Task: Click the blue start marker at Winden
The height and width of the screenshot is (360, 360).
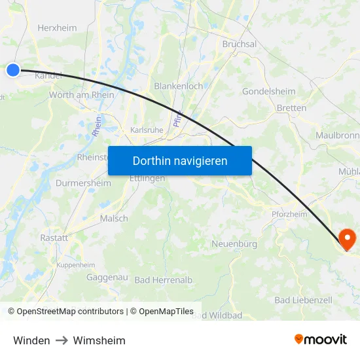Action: [x=13, y=70]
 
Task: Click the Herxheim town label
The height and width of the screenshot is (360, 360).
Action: [x=57, y=28]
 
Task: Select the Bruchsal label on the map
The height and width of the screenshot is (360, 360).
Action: [x=240, y=44]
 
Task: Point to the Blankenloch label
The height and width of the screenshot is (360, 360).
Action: [x=178, y=86]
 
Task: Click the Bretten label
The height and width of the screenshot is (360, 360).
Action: [x=291, y=108]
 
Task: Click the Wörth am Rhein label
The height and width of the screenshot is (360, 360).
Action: [x=81, y=95]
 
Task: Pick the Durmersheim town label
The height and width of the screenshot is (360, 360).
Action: [x=83, y=183]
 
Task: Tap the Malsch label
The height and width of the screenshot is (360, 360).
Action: [x=114, y=219]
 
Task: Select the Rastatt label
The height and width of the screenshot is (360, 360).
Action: [x=54, y=238]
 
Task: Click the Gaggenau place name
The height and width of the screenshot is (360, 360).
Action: [x=107, y=278]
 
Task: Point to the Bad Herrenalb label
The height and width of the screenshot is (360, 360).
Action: [x=164, y=280]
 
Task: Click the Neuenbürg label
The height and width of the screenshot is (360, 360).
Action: [x=234, y=244]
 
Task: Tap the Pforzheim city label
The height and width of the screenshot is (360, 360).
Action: [x=289, y=214]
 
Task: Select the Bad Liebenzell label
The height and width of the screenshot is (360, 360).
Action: [x=303, y=300]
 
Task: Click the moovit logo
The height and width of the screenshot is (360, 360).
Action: [x=320, y=340]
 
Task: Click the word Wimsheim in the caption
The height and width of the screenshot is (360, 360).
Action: [x=99, y=340]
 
